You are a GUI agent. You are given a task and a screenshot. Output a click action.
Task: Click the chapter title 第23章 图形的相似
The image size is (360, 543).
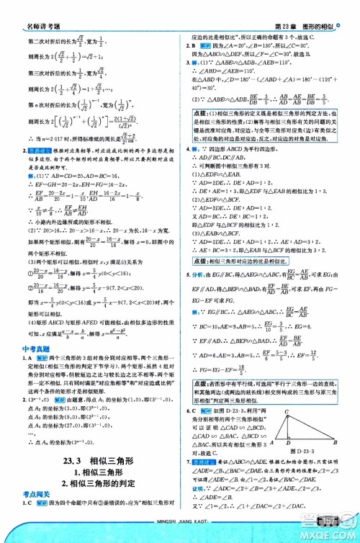coord(305,7)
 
